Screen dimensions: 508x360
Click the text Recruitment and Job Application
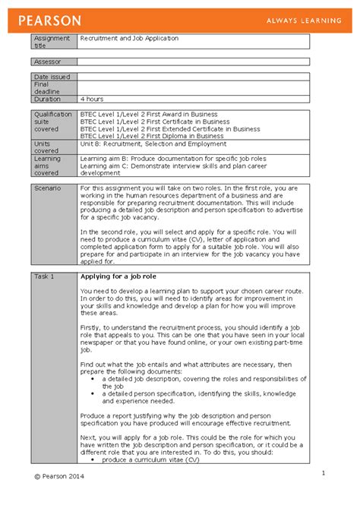tap(129, 37)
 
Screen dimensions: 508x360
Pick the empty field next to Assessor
tap(193, 62)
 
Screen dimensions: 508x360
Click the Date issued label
tap(52, 77)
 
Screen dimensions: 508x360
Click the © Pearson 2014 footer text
tap(59, 476)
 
